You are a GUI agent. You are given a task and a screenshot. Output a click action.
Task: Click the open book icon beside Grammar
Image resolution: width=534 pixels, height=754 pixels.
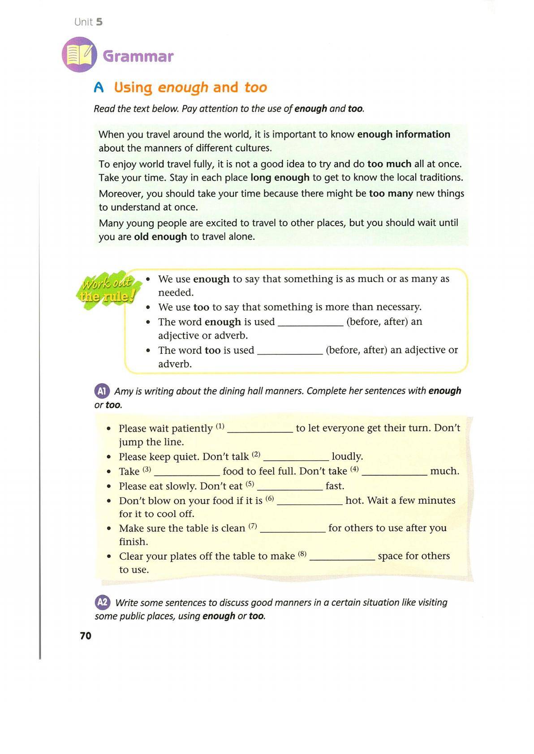[x=79, y=55]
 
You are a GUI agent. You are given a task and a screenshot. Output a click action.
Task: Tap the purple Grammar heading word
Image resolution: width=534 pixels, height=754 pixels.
[x=138, y=56]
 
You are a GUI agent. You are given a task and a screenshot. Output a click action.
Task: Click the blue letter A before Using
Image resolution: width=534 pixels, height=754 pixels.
[x=99, y=88]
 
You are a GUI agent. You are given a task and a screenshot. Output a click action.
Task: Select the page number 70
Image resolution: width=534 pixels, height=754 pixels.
[x=86, y=636]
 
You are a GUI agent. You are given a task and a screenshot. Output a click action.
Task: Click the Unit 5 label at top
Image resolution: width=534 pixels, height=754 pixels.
[x=88, y=22]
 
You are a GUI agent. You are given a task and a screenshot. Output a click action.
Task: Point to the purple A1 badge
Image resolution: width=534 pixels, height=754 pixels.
[x=102, y=391]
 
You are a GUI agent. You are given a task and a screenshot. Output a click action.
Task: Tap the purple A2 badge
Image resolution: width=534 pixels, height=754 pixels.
[x=102, y=602]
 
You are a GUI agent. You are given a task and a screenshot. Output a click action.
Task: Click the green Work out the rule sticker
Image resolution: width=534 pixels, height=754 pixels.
[x=108, y=289]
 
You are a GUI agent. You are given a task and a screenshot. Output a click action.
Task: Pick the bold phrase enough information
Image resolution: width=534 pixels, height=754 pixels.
[x=403, y=134]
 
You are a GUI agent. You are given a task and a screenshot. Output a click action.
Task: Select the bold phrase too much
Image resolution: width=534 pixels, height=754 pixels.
[x=389, y=164]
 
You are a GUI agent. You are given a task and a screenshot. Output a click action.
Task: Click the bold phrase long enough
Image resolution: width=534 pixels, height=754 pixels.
[x=280, y=177]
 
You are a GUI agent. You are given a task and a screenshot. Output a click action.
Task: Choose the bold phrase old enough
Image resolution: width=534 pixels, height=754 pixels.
[x=160, y=236]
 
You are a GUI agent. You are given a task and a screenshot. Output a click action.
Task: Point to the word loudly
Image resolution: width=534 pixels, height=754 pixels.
[x=347, y=456]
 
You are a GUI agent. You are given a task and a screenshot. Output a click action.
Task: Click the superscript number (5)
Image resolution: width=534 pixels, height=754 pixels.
[x=250, y=484]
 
